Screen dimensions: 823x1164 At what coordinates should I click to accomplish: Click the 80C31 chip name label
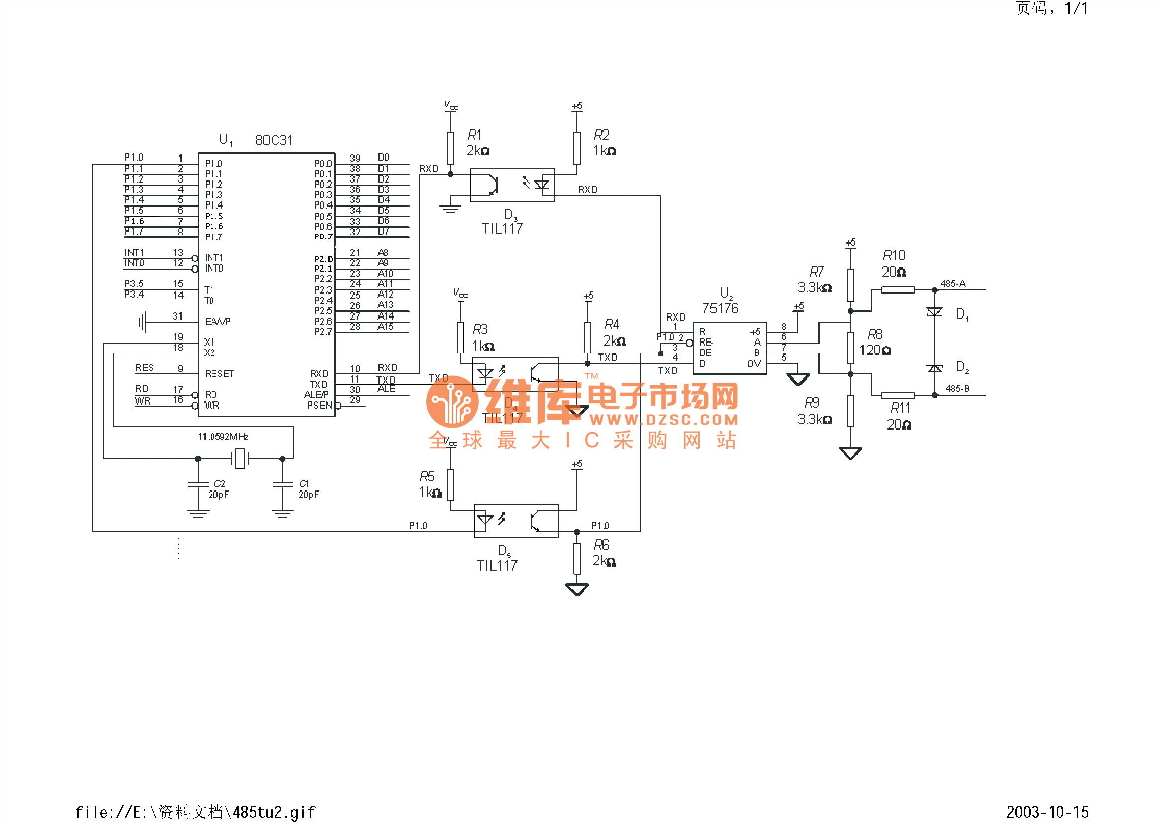point(274,140)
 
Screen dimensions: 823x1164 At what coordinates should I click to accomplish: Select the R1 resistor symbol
point(450,148)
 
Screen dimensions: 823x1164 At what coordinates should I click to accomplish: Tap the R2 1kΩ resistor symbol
point(576,148)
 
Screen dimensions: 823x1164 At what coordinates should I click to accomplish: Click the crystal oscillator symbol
point(240,459)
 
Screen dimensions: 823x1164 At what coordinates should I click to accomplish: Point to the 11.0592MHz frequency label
point(223,436)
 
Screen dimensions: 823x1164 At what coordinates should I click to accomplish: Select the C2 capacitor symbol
point(198,485)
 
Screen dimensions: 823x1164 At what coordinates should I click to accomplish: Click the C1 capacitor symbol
point(282,485)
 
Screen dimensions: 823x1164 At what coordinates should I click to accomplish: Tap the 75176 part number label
point(720,308)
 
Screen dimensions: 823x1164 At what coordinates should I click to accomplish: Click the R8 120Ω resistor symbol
point(850,348)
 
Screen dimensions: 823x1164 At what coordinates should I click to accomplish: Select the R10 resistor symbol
point(897,290)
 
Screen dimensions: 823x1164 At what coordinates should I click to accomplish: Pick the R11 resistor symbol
point(897,395)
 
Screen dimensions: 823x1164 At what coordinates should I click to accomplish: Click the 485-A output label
point(953,284)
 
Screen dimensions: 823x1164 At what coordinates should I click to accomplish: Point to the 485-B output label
point(957,389)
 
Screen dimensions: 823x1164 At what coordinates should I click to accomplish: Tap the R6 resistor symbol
point(576,558)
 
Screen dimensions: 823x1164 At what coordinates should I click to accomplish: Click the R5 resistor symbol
point(450,485)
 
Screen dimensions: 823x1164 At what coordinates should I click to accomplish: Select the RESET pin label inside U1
point(219,374)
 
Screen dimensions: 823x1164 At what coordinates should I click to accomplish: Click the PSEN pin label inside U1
point(320,405)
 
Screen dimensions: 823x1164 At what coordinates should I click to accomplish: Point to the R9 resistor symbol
point(850,411)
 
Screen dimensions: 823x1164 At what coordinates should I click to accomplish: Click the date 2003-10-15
point(1048,812)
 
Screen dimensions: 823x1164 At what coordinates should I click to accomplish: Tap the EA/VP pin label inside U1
point(217,322)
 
